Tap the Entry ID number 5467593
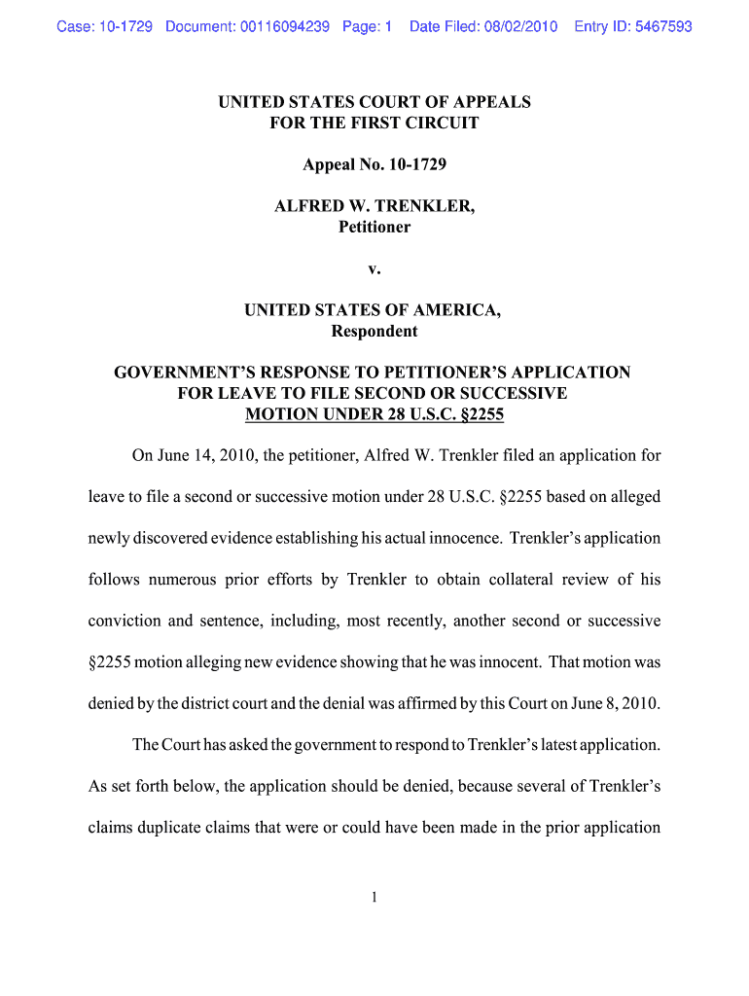(x=661, y=26)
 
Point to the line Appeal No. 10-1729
(x=374, y=165)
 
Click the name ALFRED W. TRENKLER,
(x=374, y=206)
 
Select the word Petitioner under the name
(x=374, y=227)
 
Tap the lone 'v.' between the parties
(x=374, y=268)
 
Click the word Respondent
(x=374, y=331)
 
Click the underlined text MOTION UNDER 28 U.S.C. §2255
(x=374, y=414)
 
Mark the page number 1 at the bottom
(x=374, y=898)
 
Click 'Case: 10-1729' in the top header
(x=105, y=26)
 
